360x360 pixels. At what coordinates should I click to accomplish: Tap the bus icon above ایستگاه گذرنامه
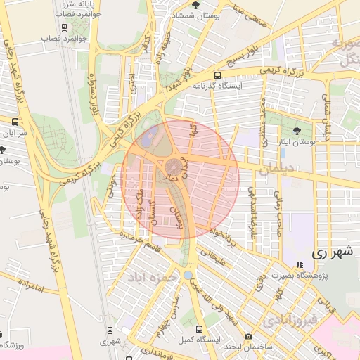(x=217, y=75)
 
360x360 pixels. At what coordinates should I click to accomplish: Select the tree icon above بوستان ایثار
(x=296, y=130)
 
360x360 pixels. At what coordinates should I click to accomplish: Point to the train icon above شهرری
(x=110, y=330)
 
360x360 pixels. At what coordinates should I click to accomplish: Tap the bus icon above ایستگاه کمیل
(x=200, y=328)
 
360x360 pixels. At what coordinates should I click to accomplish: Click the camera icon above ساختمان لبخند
(x=248, y=335)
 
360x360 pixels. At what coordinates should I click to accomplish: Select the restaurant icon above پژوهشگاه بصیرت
(x=300, y=265)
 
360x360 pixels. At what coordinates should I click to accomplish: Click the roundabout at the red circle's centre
(x=173, y=167)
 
